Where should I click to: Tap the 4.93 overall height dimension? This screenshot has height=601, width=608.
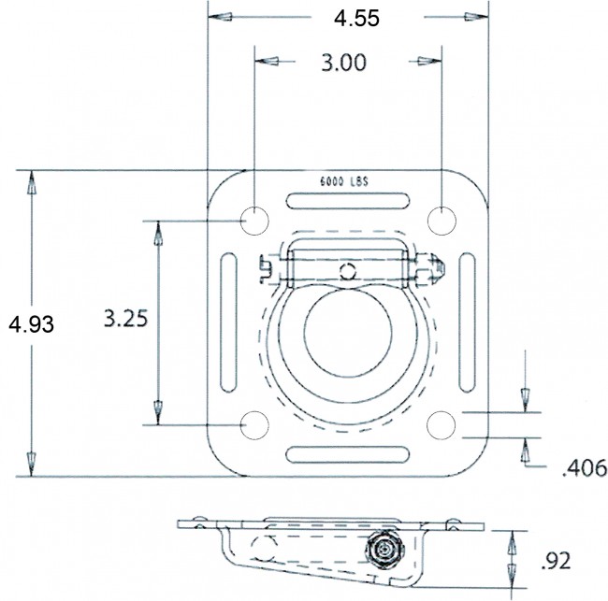tap(31, 324)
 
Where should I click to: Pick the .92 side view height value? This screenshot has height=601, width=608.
tap(557, 561)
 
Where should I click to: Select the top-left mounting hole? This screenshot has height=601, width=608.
tap(254, 220)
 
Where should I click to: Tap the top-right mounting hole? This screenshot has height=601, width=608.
tap(441, 220)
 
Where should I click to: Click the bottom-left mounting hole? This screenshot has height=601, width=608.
tap(254, 423)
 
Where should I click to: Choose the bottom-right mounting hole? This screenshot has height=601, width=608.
tap(441, 423)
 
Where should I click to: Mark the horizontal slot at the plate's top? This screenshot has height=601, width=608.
tap(348, 201)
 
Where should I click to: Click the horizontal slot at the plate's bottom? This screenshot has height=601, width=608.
tap(348, 455)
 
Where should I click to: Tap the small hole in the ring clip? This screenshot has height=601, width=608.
tap(348, 271)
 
